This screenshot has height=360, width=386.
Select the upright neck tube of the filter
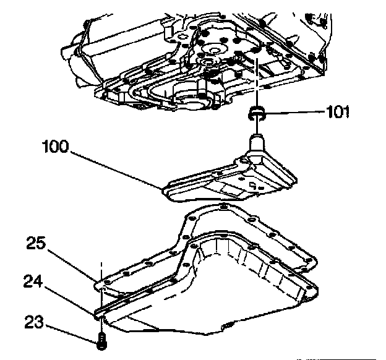click(x=257, y=144)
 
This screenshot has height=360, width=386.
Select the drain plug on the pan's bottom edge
click(x=229, y=326)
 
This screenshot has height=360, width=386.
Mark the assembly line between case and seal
click(x=255, y=87)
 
